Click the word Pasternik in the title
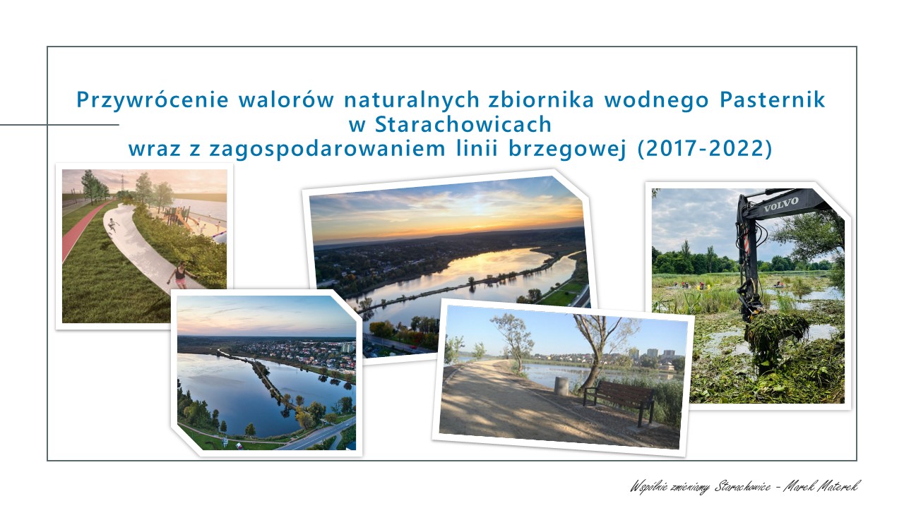click(x=772, y=99)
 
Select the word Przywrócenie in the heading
click(x=153, y=100)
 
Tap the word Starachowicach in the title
click(x=463, y=124)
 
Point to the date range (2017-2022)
click(x=705, y=148)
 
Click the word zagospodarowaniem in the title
click(x=327, y=149)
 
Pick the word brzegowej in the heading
click(x=567, y=149)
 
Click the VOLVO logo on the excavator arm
click(x=781, y=205)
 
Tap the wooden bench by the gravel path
click(x=619, y=401)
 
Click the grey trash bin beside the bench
click(x=561, y=386)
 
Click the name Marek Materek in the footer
click(x=821, y=486)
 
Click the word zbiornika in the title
click(x=541, y=99)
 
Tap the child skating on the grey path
click(x=112, y=224)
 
